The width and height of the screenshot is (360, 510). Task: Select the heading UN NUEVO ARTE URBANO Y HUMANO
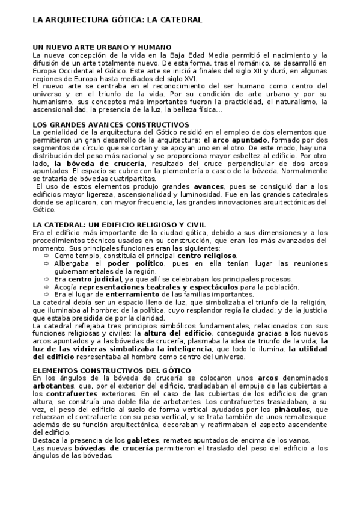pyautogui.click(x=102, y=46)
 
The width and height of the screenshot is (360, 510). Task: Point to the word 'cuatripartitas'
pyautogui.click(x=127, y=179)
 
